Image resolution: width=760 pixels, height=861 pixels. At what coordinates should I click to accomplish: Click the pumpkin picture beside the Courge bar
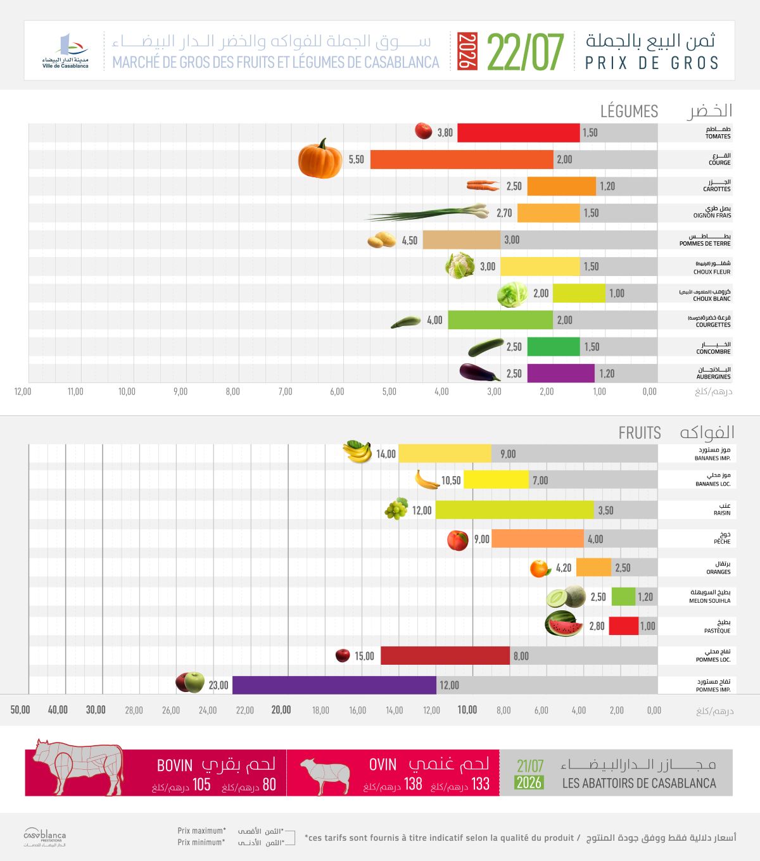320,158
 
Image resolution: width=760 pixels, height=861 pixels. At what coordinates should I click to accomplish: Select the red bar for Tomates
519,132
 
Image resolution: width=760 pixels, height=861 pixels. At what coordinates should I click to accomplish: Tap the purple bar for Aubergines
561,373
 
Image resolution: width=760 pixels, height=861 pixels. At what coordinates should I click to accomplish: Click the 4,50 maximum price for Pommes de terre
410,241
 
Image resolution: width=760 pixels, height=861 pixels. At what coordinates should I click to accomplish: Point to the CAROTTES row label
717,189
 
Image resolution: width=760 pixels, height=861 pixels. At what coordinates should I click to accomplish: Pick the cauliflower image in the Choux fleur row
460,265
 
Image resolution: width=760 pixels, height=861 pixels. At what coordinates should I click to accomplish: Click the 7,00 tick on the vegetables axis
285,391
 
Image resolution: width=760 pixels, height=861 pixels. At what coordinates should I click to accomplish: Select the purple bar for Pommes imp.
334,685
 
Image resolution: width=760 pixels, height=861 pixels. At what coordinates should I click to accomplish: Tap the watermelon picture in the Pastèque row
564,624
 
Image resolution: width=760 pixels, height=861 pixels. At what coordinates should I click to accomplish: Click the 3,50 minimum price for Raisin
605,510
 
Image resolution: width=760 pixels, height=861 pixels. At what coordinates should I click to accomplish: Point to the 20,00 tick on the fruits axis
281,710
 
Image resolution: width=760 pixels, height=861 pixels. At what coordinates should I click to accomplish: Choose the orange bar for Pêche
538,539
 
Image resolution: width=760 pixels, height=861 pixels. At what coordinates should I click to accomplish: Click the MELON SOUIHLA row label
710,601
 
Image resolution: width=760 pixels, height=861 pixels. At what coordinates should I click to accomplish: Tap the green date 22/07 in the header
525,52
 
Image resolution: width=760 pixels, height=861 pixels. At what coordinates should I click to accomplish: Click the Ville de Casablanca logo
65,51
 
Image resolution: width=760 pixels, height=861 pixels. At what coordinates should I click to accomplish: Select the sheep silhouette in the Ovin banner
325,776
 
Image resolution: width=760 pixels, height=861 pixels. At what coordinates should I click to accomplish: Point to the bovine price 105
201,784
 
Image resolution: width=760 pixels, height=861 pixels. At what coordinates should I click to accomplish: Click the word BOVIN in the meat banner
175,765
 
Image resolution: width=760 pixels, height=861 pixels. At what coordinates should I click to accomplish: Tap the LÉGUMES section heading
629,111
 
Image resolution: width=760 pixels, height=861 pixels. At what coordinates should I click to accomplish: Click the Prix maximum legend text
201,831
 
